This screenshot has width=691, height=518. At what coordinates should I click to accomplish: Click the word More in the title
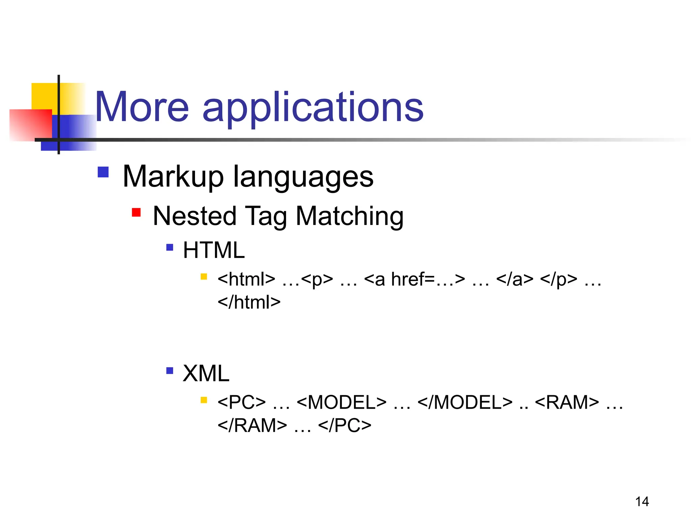(x=142, y=107)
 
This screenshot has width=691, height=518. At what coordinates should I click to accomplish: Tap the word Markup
(x=173, y=177)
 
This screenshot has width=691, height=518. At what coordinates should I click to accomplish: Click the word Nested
(x=195, y=216)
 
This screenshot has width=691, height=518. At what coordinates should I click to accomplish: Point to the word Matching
(x=350, y=217)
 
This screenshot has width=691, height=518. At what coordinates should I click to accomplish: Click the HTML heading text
(x=214, y=250)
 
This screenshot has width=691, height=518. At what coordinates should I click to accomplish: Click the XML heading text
(x=206, y=373)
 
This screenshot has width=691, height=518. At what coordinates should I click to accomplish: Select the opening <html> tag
(x=246, y=280)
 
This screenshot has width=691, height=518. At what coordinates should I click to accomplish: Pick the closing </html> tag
(x=249, y=302)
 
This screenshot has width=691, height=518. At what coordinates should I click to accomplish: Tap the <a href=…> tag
(x=415, y=280)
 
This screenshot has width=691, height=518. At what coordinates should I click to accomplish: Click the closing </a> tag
(x=515, y=280)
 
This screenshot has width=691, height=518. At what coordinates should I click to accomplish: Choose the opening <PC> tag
(x=242, y=402)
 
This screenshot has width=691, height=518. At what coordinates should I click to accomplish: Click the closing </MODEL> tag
(x=465, y=402)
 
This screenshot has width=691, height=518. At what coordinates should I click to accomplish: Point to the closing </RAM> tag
(x=252, y=425)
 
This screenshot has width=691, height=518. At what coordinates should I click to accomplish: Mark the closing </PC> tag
(x=344, y=425)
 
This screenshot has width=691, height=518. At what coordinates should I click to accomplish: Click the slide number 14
(x=642, y=502)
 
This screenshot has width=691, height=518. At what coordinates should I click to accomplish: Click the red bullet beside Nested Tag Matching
(x=136, y=212)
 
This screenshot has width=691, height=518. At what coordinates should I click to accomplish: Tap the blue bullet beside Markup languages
(x=103, y=172)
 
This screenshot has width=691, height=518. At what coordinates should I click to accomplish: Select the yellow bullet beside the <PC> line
(x=203, y=400)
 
